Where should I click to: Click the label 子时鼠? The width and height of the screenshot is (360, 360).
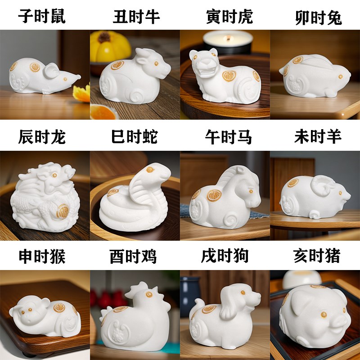coord(42,17)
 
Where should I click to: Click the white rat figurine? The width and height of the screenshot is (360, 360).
coord(43,76)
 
